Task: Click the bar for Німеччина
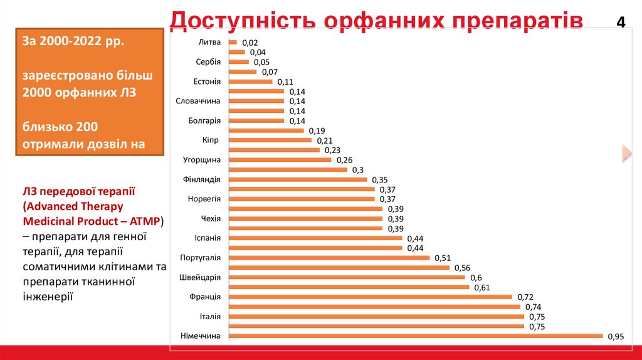click(416, 336)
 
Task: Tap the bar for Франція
click(371, 297)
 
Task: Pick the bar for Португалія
click(330, 258)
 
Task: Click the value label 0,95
click(616, 337)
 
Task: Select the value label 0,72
click(525, 297)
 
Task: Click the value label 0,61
click(481, 287)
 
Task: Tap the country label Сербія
click(208, 62)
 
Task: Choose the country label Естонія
click(207, 82)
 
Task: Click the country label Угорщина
click(201, 159)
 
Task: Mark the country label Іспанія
click(208, 238)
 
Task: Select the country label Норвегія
click(204, 199)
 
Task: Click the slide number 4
click(621, 23)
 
